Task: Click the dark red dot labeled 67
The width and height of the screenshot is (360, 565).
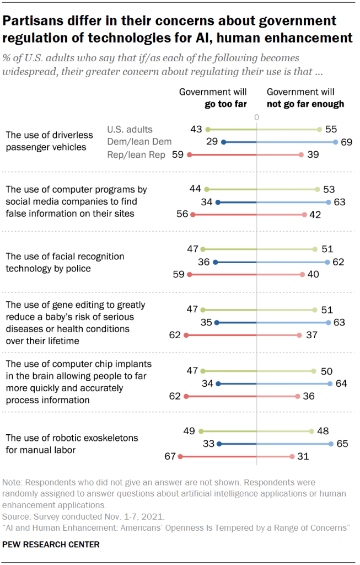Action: point(179,456)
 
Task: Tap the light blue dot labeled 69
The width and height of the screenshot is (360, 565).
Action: point(336,142)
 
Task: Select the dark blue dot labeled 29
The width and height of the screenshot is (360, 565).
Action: point(223,142)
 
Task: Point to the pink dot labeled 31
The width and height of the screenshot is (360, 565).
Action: point(292,456)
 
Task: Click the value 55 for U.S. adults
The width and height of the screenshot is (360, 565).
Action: point(331,129)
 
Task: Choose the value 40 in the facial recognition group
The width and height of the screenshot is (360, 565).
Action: point(313,274)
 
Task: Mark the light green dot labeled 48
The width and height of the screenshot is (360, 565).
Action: point(312,430)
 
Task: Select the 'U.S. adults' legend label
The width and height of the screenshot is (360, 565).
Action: point(130,130)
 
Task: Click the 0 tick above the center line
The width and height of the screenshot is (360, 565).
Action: point(257,118)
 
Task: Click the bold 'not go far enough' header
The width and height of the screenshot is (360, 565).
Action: point(305,104)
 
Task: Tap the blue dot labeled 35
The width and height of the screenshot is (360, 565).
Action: point(217,322)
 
